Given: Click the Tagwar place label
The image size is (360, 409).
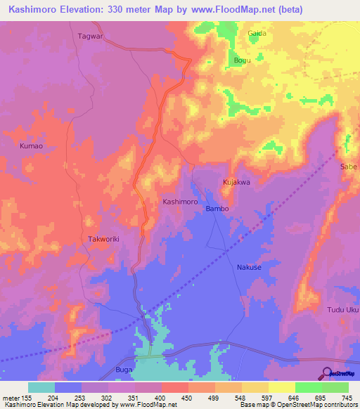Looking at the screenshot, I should [90, 35].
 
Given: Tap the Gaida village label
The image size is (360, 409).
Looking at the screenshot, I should [257, 33].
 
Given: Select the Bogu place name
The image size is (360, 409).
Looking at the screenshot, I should [242, 60].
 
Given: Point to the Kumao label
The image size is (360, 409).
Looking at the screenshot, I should [31, 145].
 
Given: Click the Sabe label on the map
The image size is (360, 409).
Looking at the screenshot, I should [349, 167].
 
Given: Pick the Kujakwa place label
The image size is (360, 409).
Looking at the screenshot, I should [237, 182].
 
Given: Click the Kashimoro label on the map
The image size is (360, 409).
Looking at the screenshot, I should [180, 201].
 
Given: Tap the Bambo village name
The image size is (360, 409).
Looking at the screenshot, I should [217, 209].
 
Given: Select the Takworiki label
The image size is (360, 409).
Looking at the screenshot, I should [104, 239].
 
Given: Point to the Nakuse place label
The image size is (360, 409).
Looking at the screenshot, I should [249, 267].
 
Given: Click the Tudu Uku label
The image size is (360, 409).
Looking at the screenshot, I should [343, 310].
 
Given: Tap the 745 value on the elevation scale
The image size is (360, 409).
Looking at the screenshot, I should [347, 397].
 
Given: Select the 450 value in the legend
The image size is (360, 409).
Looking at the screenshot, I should [186, 397].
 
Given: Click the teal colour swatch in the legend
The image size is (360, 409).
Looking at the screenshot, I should [41, 387].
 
